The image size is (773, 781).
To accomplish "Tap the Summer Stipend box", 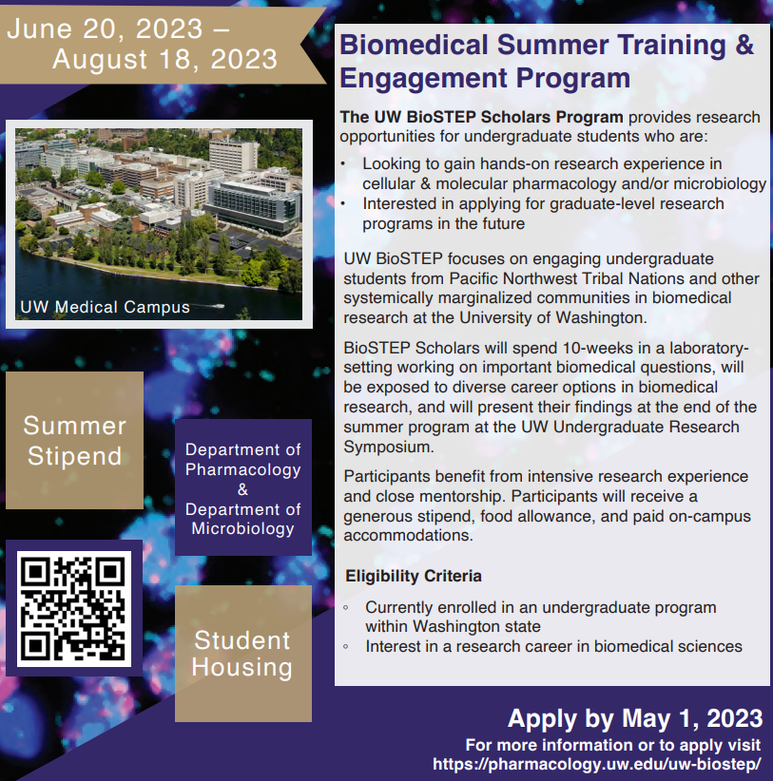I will click(75, 441).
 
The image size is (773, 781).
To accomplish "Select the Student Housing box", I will click(242, 653).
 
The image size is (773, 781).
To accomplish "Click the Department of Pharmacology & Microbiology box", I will click(242, 488).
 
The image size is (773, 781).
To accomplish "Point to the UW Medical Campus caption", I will click(106, 307).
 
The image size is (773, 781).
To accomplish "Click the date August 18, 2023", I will click(164, 60).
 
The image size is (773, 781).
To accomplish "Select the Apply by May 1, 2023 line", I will click(634, 718).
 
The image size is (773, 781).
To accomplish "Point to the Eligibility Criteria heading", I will click(413, 576).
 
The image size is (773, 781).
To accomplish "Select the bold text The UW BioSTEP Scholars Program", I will click(482, 118).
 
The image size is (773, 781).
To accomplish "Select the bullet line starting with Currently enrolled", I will click(540, 607).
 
